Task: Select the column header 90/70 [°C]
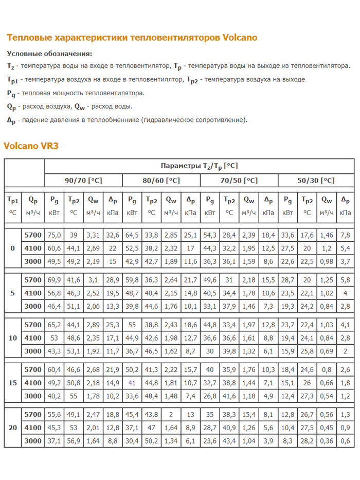coord(83,181)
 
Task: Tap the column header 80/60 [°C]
coord(161,181)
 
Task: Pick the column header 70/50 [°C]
coord(239,181)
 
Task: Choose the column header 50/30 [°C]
coord(316,181)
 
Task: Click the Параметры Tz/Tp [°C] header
coord(199,166)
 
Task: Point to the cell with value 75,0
coord(54,235)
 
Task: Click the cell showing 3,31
coord(93,235)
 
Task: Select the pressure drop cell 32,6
coord(112,235)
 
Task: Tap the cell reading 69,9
coord(54,280)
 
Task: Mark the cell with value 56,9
coord(74,440)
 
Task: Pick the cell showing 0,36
coord(326,440)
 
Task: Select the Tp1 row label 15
coord(13,383)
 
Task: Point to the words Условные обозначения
coord(49,54)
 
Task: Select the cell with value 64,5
coord(132,235)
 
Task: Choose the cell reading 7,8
coord(345,235)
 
